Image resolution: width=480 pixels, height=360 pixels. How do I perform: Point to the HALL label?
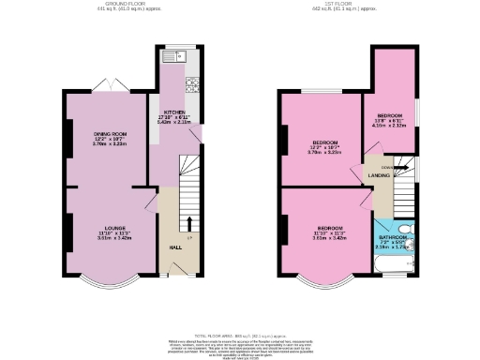[175, 247]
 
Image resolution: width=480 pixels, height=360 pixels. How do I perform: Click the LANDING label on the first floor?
[379, 175]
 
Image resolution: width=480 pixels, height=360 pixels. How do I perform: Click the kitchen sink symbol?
[174, 57]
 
